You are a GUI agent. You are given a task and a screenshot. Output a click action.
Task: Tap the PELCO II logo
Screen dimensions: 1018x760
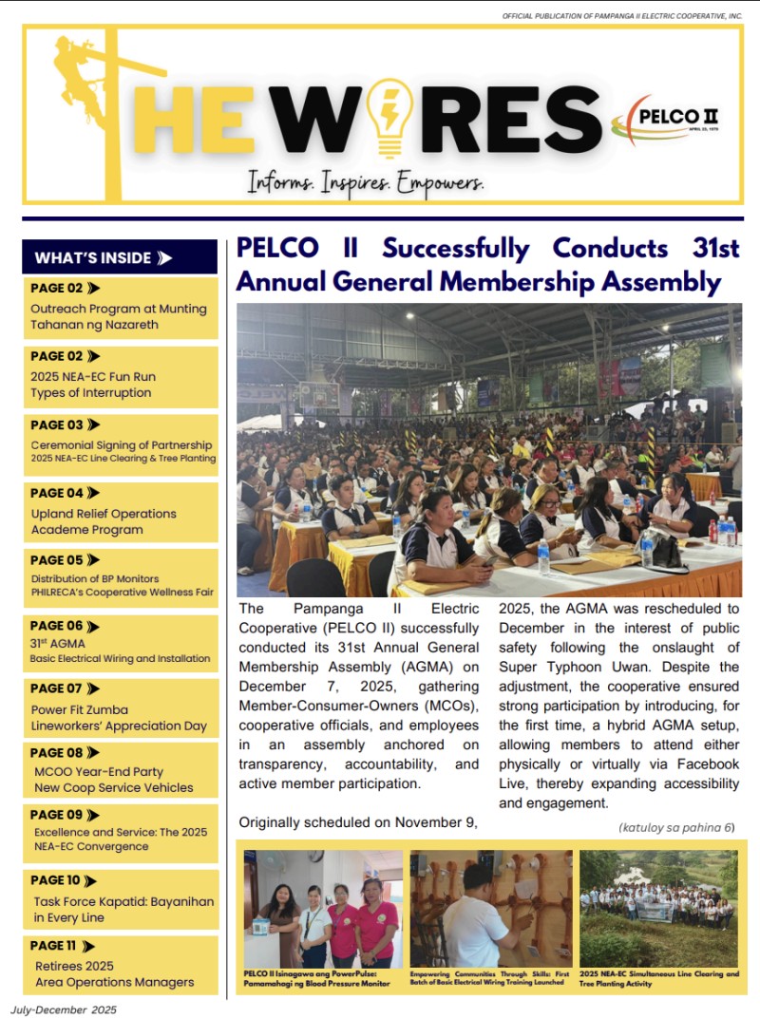(665, 122)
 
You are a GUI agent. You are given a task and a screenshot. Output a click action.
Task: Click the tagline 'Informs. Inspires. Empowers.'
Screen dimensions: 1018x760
(366, 180)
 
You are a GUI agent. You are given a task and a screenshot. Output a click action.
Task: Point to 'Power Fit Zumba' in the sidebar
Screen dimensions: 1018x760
(80, 709)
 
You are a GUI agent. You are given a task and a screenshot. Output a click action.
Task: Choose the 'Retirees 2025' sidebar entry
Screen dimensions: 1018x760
(73, 966)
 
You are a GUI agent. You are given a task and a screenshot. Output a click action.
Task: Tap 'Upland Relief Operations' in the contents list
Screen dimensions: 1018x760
(104, 514)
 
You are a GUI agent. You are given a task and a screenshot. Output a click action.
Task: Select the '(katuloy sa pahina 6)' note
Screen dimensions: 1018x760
(675, 827)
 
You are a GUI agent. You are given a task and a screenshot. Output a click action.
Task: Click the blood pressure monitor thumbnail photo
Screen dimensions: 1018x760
(323, 908)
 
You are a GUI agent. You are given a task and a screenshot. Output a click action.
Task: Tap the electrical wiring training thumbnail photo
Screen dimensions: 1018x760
(490, 908)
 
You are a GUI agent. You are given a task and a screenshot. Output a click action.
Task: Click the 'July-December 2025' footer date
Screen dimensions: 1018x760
(64, 1009)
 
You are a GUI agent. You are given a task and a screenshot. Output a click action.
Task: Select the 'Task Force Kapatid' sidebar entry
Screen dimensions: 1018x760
(123, 901)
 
